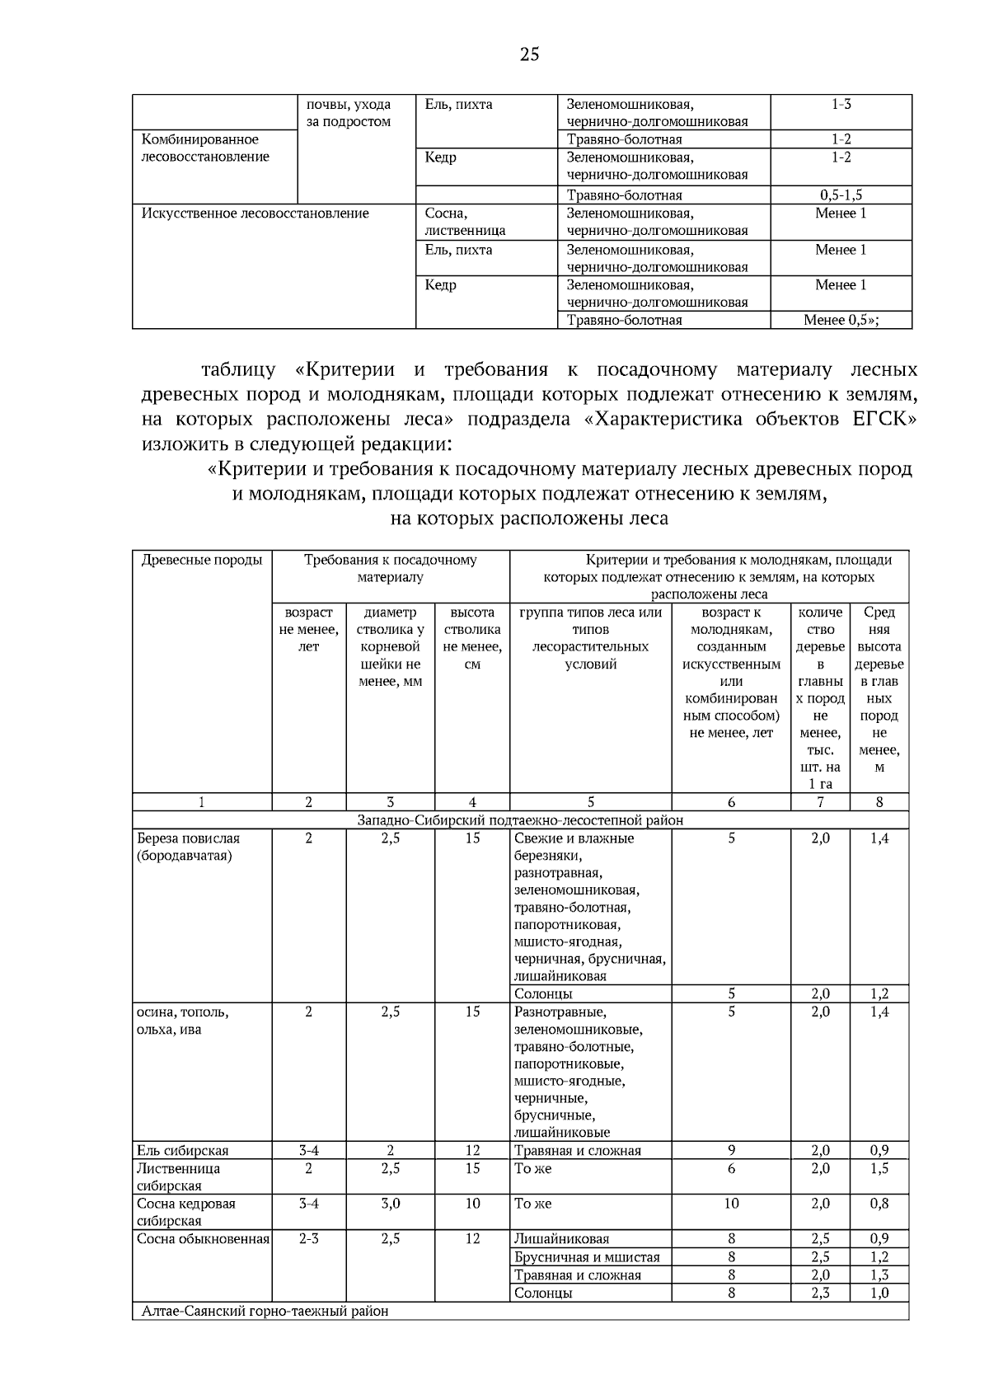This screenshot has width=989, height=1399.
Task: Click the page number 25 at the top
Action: coord(529,55)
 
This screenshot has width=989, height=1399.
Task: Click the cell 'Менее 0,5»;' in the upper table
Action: coord(841,320)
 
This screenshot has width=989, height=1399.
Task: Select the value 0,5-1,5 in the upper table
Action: coord(841,195)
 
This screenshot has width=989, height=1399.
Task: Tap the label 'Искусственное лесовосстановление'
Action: coord(255,214)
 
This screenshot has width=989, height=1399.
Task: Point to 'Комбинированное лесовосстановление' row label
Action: coord(205,148)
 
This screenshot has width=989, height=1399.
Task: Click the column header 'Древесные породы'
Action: coord(202,561)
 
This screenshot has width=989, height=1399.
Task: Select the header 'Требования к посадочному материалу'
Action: coord(390,569)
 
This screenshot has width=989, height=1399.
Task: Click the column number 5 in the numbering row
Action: coord(590,802)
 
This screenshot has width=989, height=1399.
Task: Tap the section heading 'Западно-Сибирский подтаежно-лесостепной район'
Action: coord(520,820)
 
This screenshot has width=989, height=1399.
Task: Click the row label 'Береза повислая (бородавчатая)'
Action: coord(189,847)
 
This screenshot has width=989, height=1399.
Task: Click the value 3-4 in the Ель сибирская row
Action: coord(308,1151)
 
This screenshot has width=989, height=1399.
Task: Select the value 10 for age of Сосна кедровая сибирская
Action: coord(731,1204)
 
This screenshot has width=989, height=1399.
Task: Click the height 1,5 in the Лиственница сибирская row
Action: coord(879,1169)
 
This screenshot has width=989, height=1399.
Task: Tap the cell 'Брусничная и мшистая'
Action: coord(587,1257)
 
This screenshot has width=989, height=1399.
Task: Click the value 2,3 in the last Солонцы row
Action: coord(820,1293)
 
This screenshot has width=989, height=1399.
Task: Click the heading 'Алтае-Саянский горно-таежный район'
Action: coord(264,1311)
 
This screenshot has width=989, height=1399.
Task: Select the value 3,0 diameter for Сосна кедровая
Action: coord(390,1204)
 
